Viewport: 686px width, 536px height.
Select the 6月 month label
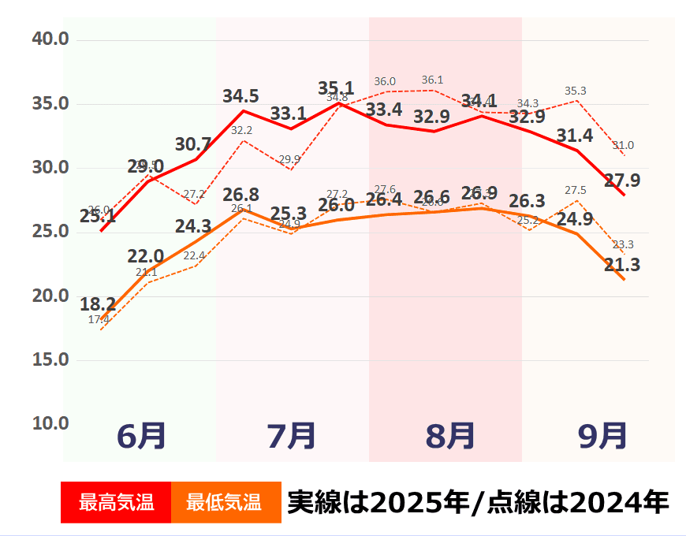tap(141, 436)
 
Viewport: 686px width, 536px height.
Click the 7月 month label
tap(292, 436)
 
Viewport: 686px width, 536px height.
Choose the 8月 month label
tap(450, 436)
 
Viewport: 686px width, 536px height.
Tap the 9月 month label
tap(603, 436)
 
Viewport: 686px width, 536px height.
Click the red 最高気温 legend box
tap(116, 502)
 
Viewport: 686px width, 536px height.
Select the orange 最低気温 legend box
tap(225, 502)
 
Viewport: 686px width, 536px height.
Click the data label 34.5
tap(240, 96)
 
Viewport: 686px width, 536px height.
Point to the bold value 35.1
tap(336, 87)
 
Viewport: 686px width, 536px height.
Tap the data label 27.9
tap(622, 181)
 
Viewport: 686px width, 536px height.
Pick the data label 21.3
tap(622, 265)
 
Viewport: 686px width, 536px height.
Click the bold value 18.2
tap(98, 304)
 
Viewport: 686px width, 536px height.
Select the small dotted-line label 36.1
tap(432, 80)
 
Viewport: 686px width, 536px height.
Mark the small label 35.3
tap(576, 91)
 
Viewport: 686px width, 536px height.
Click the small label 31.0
tap(622, 145)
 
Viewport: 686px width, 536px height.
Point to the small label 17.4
tap(99, 319)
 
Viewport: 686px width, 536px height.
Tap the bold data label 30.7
tap(193, 144)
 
